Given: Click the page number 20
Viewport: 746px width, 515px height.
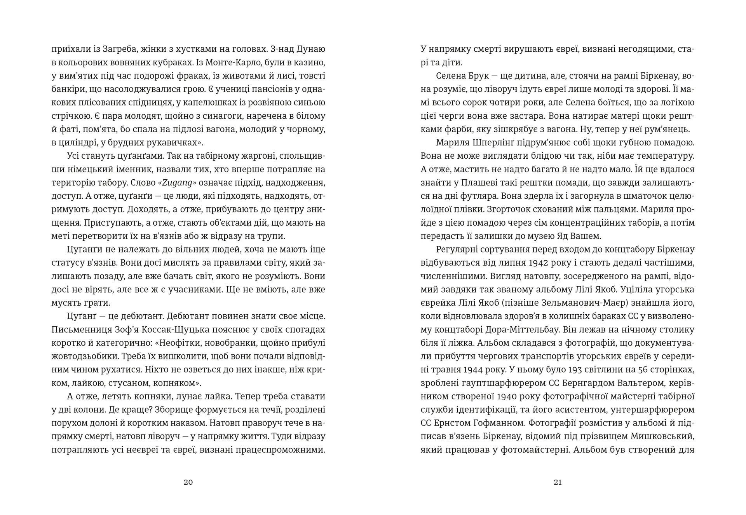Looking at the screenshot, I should coord(188,482).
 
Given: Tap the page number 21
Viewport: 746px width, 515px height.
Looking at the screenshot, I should coord(558,482).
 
